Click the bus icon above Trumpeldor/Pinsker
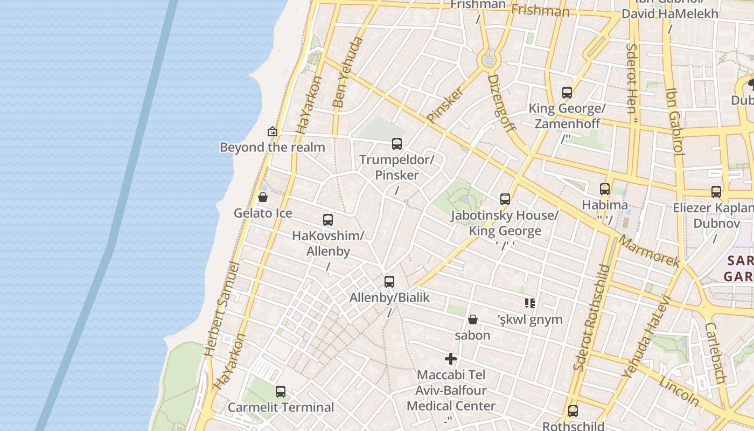[x=397, y=144]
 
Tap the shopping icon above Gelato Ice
[x=263, y=197]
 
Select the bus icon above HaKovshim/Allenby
[x=328, y=220]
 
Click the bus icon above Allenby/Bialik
[x=389, y=282]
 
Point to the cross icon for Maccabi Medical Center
[x=451, y=359]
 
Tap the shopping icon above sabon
[x=472, y=319]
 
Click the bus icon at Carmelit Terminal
[x=281, y=392]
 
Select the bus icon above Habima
[x=605, y=189]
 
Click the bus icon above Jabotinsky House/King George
[x=505, y=199]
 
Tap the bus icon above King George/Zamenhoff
[x=567, y=93]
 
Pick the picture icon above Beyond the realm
[x=273, y=131]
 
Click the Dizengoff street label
[x=501, y=102]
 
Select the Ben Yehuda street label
[x=345, y=72]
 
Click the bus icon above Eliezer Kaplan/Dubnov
[x=716, y=192]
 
